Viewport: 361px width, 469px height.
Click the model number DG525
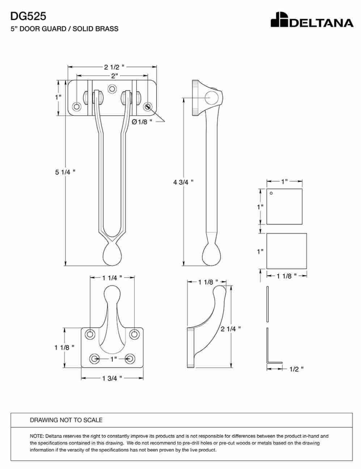[28, 16]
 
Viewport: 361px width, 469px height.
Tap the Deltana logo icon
[279, 20]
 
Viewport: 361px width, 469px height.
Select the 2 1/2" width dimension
[114, 67]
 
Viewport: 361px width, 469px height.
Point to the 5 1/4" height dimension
[65, 172]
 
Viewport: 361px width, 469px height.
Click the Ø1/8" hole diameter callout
[142, 122]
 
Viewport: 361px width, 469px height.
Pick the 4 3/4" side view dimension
[183, 182]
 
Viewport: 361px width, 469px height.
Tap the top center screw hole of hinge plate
[112, 89]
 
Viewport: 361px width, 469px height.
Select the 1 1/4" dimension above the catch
[112, 278]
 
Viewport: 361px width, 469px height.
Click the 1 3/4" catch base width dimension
[112, 379]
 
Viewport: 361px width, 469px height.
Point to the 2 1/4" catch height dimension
[230, 329]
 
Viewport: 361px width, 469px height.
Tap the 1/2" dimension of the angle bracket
[297, 369]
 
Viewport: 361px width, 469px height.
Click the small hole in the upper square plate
[271, 193]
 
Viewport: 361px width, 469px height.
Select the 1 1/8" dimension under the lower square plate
[286, 276]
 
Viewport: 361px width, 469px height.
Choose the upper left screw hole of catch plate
[90, 334]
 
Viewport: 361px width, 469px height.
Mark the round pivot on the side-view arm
[212, 98]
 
